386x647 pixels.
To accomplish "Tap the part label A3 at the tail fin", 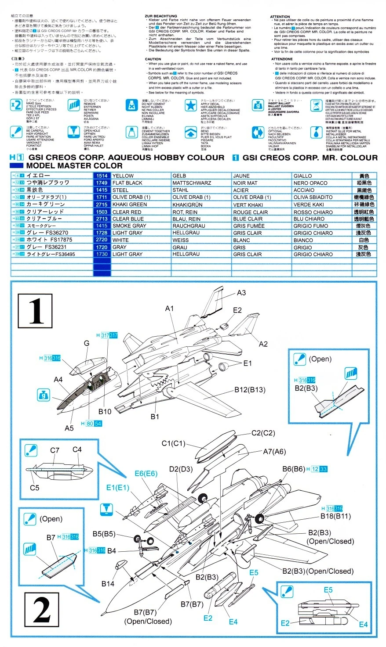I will (241, 293).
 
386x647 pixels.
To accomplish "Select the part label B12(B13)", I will (250, 389).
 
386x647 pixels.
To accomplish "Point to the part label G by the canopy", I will (87, 343).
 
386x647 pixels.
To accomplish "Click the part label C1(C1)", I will (174, 443).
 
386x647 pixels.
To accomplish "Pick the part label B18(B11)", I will (335, 516).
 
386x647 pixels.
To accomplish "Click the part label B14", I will (108, 583).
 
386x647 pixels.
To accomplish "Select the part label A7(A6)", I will (274, 451).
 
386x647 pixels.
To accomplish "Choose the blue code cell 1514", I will (101, 176).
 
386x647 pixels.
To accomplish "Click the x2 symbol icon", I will (16, 105).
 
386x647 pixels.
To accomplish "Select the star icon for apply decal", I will (190, 105).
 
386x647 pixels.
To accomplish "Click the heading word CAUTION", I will (153, 59).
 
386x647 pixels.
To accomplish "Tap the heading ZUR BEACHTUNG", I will (161, 16).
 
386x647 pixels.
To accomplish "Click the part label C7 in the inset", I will (55, 450).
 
